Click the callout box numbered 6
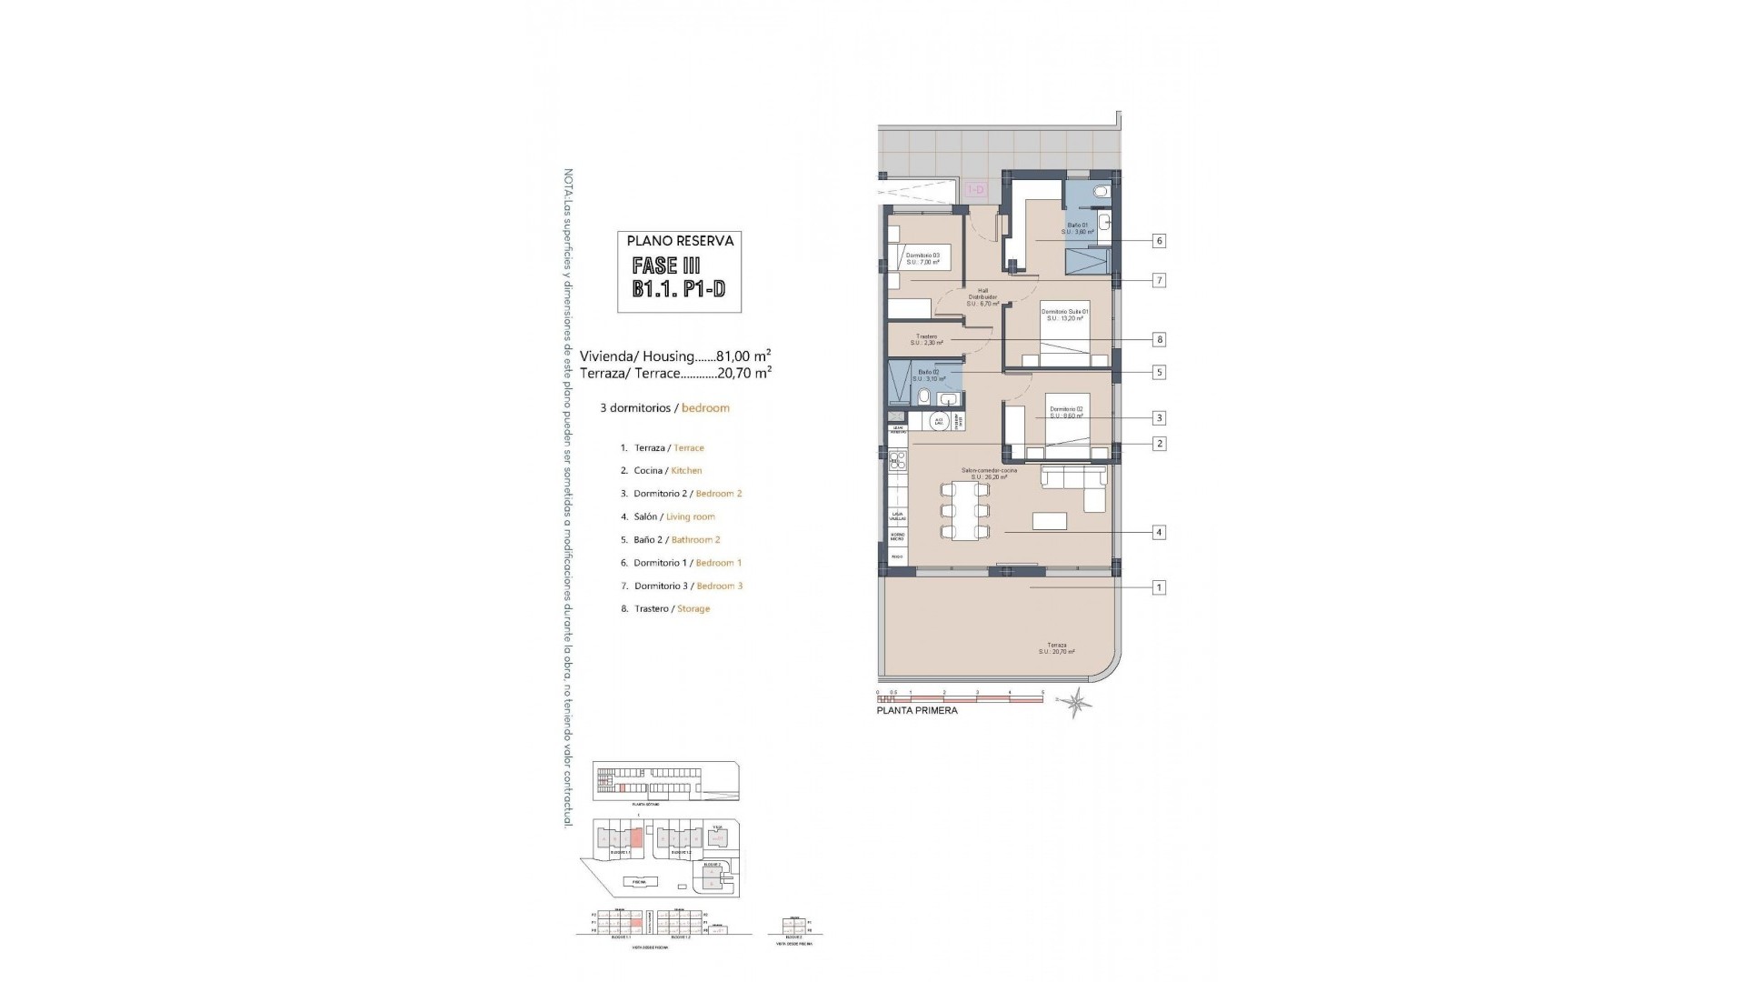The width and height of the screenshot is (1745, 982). [1159, 241]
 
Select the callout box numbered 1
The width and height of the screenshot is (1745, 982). [1159, 587]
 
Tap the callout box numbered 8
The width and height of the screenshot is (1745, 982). [1159, 339]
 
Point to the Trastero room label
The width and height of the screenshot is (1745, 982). [927, 339]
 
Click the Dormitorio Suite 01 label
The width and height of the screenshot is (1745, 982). [1065, 315]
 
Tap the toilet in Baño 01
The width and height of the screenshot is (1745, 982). [1102, 192]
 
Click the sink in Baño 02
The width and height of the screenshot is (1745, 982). [949, 399]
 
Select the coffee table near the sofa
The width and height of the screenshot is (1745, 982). [1050, 520]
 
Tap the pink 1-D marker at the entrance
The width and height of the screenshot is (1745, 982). [976, 189]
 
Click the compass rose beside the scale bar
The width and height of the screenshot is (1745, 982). [1079, 701]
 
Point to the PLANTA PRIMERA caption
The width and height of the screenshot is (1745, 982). [917, 711]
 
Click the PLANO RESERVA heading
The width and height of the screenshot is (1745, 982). [680, 241]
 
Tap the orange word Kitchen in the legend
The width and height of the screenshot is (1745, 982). [686, 471]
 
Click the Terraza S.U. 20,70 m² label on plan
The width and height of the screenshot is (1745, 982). [1057, 648]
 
